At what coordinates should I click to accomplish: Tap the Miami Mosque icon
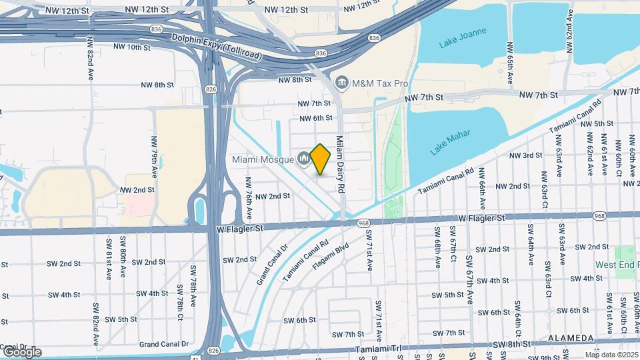(303, 159)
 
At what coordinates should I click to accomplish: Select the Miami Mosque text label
(263, 159)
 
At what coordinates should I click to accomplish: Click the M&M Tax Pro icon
(342, 83)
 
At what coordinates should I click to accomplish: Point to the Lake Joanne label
(463, 38)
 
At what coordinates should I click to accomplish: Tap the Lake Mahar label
(450, 142)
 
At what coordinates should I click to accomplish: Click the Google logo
(21, 352)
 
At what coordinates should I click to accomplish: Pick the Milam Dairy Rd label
(339, 164)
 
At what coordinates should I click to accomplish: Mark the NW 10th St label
(133, 47)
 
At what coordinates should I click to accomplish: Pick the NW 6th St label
(315, 118)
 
